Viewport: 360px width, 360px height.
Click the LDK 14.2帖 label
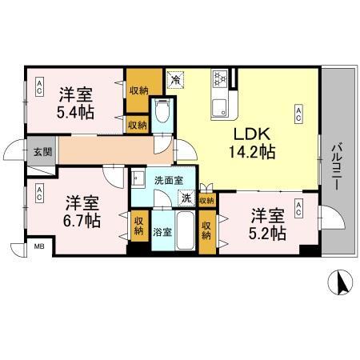click(254, 142)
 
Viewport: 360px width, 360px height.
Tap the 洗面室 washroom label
click(169, 181)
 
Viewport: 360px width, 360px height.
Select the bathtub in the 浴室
click(185, 232)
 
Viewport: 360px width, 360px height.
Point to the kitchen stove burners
click(220, 78)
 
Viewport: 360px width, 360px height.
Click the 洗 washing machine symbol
click(186, 198)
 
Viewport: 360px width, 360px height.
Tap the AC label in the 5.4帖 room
click(38, 90)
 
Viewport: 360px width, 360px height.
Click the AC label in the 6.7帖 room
click(38, 192)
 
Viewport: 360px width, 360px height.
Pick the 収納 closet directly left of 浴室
click(138, 226)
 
